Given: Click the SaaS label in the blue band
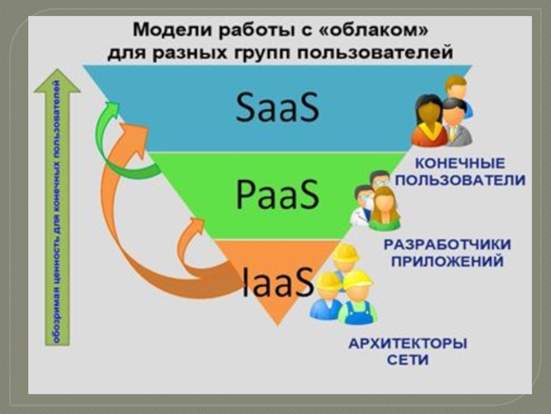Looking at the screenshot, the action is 278,108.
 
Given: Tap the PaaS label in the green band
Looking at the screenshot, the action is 278,195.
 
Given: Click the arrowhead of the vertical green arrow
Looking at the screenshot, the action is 57,81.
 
